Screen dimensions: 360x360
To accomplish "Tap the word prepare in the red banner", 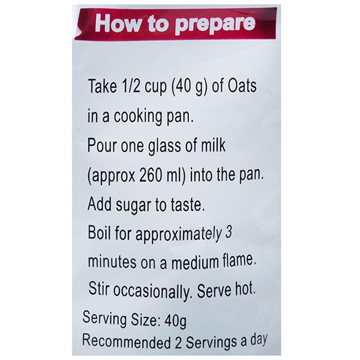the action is pyautogui.click(x=215, y=25).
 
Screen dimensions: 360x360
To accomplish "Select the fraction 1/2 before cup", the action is pyautogui.click(x=131, y=86).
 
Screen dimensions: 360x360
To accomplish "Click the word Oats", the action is pyautogui.click(x=242, y=86).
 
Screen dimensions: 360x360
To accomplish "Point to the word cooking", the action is pyautogui.click(x=139, y=117).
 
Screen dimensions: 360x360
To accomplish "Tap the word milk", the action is pyautogui.click(x=213, y=145).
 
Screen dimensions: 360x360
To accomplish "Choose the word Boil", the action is pyautogui.click(x=100, y=233).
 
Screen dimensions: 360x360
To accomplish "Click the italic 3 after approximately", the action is pyautogui.click(x=229, y=232).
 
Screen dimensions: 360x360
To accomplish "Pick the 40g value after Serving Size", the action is pyautogui.click(x=175, y=320).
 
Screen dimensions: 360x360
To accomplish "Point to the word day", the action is pyautogui.click(x=259, y=339).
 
